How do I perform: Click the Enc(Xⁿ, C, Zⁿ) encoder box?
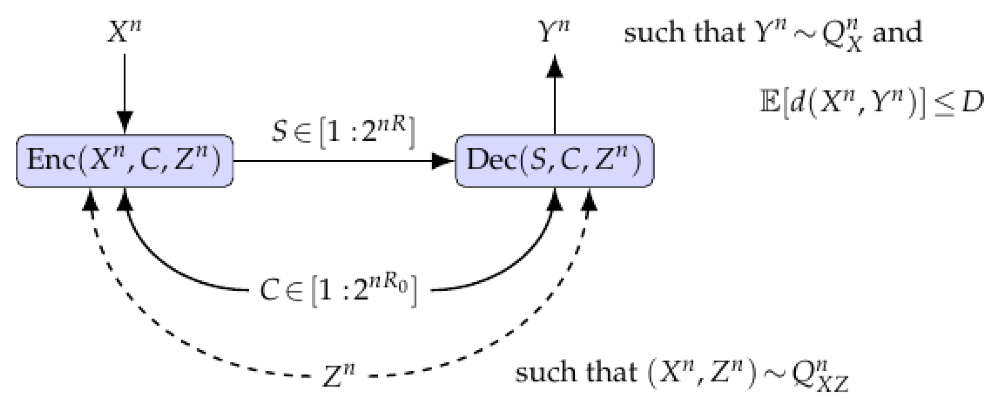pyautogui.click(x=125, y=160)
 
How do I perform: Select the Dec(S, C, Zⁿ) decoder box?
pyautogui.click(x=554, y=160)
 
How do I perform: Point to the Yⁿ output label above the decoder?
pyautogui.click(x=554, y=33)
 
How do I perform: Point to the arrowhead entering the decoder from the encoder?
pyautogui.click(x=443, y=161)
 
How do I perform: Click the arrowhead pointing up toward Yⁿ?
pyautogui.click(x=554, y=67)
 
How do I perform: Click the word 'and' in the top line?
pyautogui.click(x=897, y=33)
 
